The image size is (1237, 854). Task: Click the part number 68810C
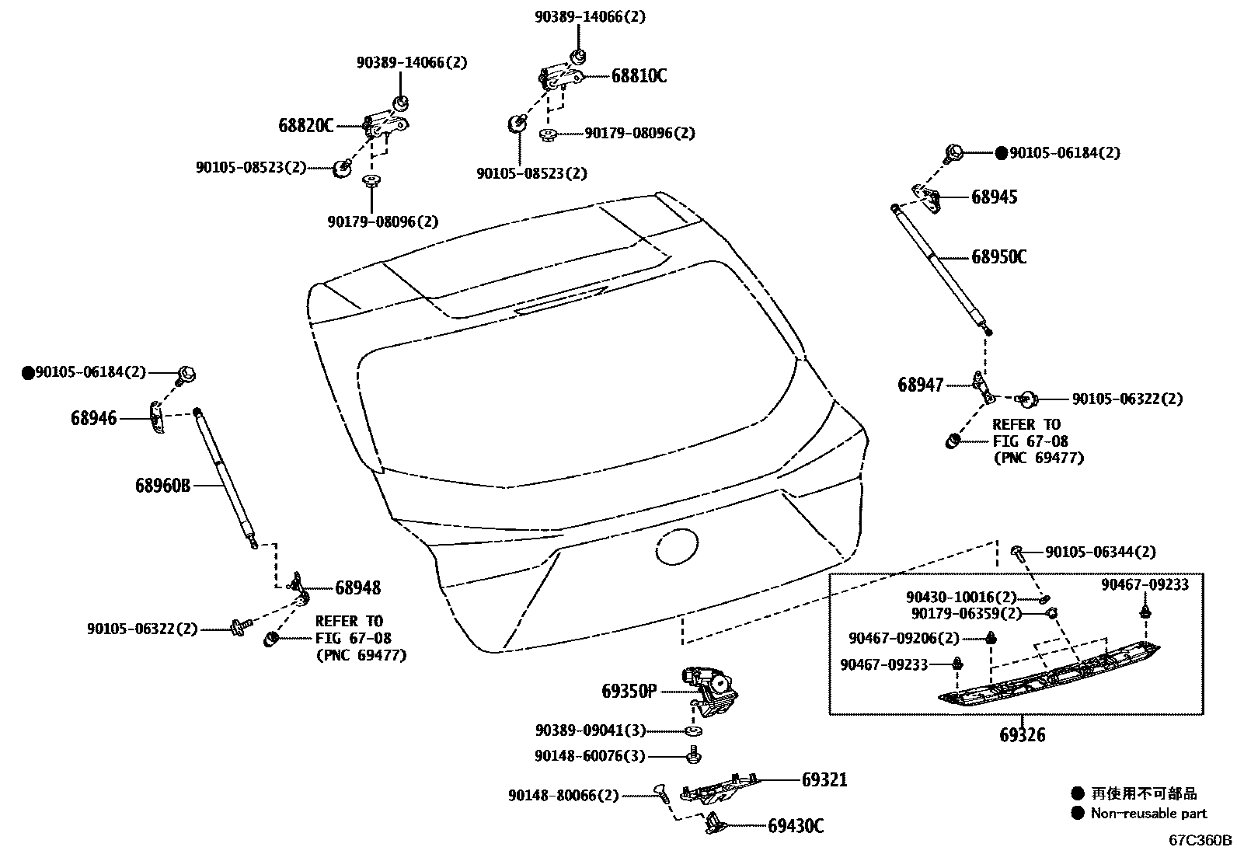(639, 76)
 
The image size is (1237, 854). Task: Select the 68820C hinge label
(305, 125)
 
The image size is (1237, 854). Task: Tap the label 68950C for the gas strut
(998, 257)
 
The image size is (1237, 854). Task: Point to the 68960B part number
(162, 486)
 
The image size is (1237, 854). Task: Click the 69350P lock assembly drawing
(711, 692)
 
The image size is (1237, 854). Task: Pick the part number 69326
(1022, 734)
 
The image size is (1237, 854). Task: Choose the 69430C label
(796, 826)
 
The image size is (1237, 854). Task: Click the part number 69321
(824, 779)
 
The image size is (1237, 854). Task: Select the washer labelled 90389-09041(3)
(692, 731)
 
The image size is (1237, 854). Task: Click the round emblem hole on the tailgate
(678, 547)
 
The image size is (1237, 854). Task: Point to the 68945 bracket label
(994, 197)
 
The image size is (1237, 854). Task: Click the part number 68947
(921, 385)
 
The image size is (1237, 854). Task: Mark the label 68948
(357, 588)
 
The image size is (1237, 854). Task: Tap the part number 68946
(94, 419)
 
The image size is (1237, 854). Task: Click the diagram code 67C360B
(1201, 840)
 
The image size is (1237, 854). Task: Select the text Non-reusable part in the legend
(1148, 814)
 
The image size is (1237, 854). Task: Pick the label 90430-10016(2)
(961, 598)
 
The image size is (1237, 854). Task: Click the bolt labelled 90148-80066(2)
(661, 792)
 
